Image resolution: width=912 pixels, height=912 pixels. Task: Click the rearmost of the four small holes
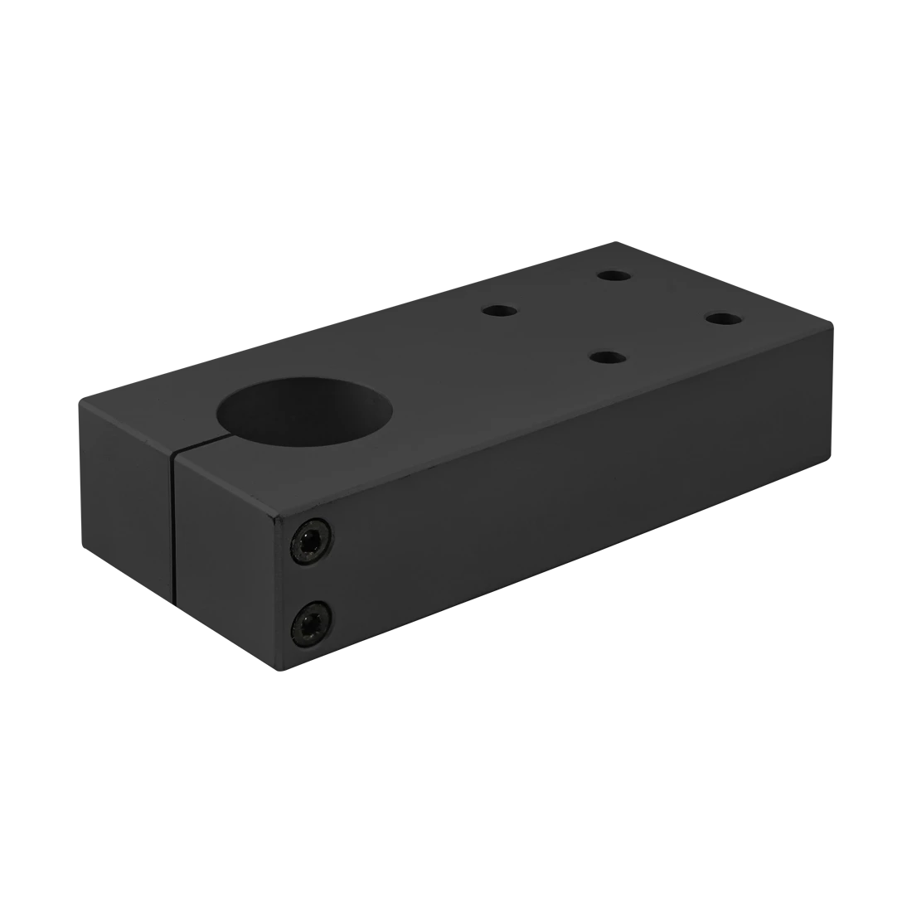pos(614,274)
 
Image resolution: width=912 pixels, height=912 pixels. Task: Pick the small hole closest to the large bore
pos(500,311)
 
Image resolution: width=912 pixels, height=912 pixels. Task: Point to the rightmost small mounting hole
pos(723,318)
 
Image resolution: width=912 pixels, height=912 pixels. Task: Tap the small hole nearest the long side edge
pos(609,357)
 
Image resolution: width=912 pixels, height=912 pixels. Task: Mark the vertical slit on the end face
pos(174,531)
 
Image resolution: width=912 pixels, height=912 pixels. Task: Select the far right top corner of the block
pos(833,321)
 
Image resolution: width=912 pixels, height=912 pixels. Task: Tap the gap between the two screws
pos(309,581)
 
